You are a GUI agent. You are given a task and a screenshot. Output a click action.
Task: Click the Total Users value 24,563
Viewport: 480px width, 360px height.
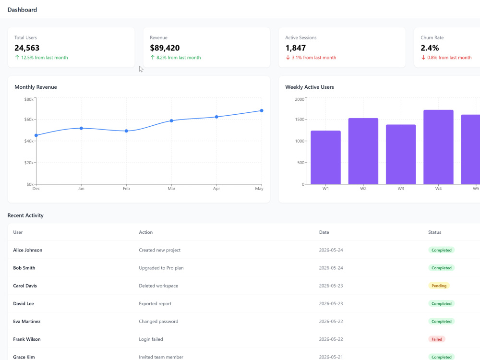pos(27,48)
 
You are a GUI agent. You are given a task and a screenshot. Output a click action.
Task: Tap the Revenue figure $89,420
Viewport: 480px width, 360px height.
pos(165,48)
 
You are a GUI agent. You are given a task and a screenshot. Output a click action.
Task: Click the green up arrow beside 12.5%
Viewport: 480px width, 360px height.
pos(17,58)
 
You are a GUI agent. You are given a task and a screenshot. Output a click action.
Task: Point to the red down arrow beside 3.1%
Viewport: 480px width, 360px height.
pos(288,58)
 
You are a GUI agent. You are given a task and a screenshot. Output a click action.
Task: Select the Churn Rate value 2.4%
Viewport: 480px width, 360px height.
pos(430,48)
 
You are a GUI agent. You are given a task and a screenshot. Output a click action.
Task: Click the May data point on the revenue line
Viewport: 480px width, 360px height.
pos(262,111)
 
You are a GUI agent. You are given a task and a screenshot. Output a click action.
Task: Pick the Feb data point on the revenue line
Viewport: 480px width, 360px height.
pos(126,131)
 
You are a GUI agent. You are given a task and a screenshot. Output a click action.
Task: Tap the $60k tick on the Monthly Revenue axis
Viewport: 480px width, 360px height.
pos(29,120)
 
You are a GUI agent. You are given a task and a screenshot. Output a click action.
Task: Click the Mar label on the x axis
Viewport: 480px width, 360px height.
pos(171,189)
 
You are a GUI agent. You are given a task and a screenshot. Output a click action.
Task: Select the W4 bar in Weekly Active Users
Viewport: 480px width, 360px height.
pos(438,147)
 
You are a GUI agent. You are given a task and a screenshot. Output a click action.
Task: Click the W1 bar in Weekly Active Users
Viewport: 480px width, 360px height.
pos(326,157)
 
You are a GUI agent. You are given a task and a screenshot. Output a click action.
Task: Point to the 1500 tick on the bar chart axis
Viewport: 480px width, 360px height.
pos(300,120)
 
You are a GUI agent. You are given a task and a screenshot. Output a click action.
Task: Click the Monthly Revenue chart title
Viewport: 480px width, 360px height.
pos(36,87)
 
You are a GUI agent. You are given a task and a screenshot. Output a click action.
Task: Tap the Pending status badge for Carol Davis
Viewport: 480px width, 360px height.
pos(439,286)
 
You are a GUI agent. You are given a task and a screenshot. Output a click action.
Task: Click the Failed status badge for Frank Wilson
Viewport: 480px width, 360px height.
pos(437,339)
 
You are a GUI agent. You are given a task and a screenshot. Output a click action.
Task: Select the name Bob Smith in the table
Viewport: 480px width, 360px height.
pos(24,268)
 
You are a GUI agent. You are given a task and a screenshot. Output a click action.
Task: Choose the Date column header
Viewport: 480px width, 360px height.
pos(324,232)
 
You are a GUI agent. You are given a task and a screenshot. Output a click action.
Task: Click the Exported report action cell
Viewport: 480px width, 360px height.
pos(155,304)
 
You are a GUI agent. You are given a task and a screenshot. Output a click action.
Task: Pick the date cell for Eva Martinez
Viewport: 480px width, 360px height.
pos(331,322)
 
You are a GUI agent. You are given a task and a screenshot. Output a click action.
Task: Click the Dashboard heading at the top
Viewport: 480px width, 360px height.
pos(23,10)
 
